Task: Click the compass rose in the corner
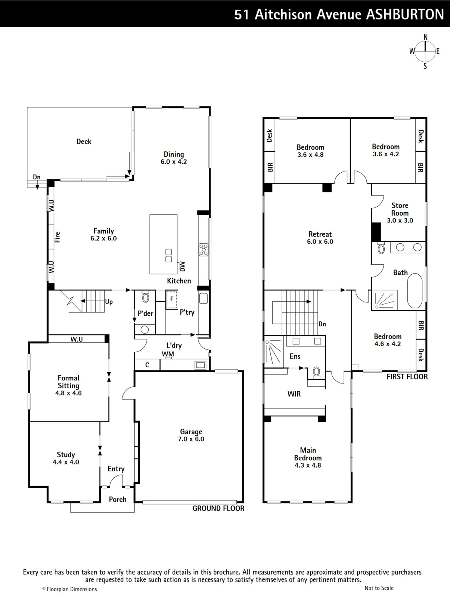coord(425,52)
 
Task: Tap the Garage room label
coord(191,432)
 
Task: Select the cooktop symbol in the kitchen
coord(204,250)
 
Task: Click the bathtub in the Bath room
coord(415,291)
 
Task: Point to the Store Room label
coord(400,209)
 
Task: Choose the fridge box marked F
coord(172,299)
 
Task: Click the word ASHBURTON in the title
coord(405,14)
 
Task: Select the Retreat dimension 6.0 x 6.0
coord(320,241)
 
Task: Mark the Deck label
coord(84,141)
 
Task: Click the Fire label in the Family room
coord(58,237)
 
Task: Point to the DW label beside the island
coord(182,266)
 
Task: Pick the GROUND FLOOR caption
coord(218,508)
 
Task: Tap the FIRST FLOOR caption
coord(407,376)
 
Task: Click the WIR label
coord(294,394)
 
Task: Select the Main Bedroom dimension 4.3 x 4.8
coord(308,465)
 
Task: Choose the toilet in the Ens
coord(316,372)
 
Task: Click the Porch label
coord(118,499)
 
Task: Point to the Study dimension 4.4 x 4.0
coord(66,462)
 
